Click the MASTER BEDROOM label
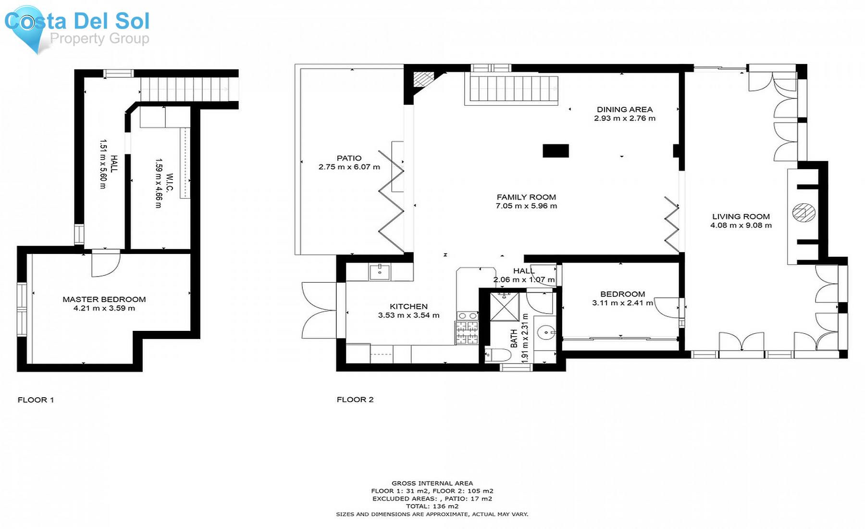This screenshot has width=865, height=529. pos(104,299)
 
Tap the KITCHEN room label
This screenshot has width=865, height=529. pos(408,306)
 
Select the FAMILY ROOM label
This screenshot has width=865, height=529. pos(526,197)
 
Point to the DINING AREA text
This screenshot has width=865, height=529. pos(625,110)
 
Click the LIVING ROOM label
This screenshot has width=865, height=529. pos(741,217)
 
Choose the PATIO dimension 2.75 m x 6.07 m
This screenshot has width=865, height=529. pos(349,167)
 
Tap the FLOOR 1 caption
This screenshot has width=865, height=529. pos(36,400)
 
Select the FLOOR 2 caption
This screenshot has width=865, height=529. pos(355,400)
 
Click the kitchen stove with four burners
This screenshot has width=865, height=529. pos(467,332)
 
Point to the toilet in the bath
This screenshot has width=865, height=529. pos(498,356)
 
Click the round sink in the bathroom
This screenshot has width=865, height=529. pos(545,332)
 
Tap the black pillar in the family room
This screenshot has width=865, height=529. pos(556,151)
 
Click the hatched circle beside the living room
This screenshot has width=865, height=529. pos(804,213)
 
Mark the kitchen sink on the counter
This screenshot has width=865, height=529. pos(380,272)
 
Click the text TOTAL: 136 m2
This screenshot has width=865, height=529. pos(432,506)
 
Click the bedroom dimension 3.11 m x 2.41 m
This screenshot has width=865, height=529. pos(622,303)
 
